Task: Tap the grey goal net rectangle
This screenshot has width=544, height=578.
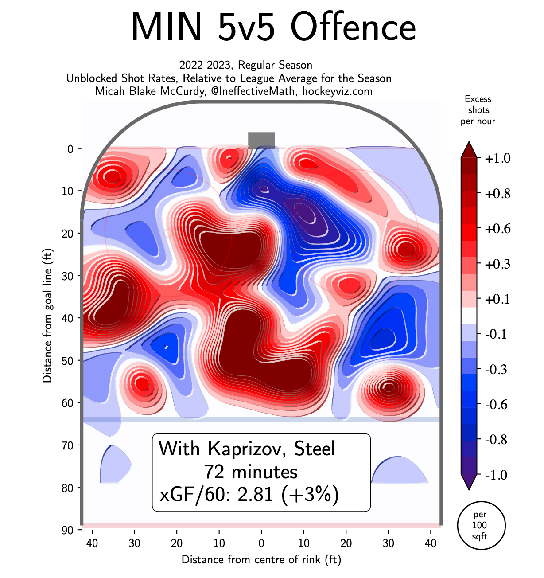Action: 261,140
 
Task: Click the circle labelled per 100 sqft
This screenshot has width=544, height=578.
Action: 481,526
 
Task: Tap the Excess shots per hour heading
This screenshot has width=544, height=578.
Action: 478,110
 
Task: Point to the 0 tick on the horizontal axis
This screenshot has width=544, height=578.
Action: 261,543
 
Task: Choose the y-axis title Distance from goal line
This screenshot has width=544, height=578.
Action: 47,315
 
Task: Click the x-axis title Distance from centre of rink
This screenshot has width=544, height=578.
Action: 261,559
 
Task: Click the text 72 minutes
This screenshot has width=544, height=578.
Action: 251,472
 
